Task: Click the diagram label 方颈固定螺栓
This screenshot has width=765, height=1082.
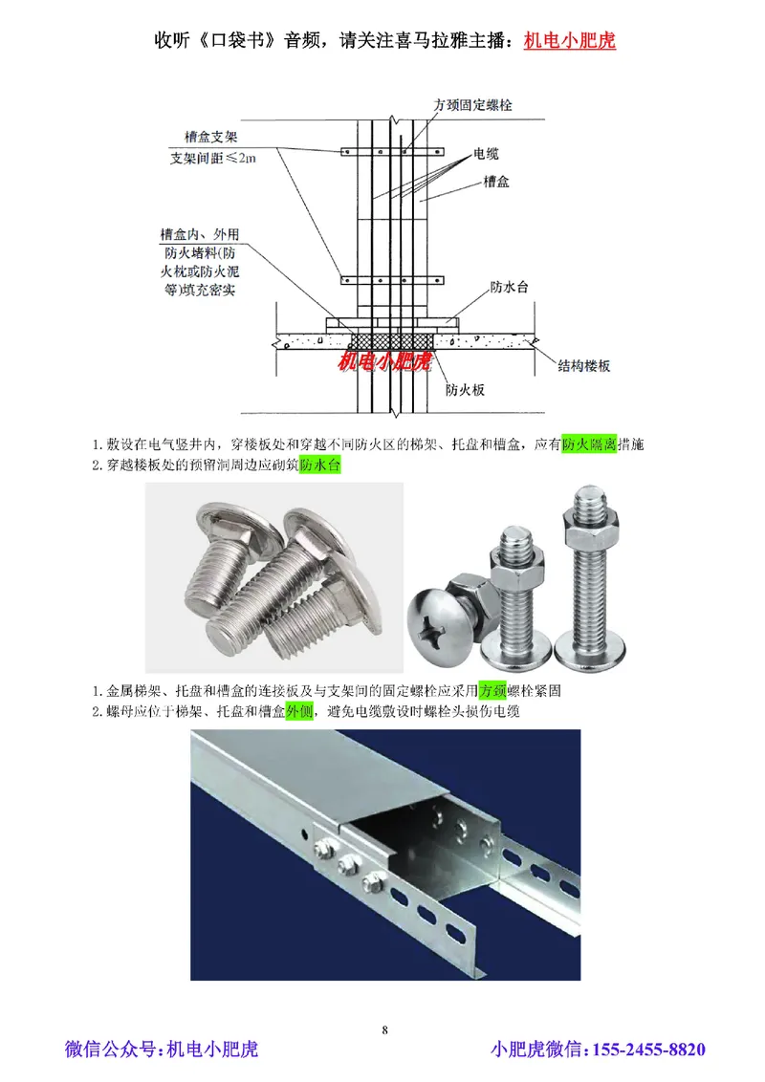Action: point(472,106)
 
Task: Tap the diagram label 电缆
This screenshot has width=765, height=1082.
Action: point(486,154)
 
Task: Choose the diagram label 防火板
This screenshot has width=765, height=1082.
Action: point(466,390)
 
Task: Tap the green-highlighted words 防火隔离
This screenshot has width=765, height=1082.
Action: point(587,444)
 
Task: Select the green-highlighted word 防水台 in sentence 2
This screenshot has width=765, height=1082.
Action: point(319,466)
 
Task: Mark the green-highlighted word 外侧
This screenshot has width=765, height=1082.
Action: point(299,711)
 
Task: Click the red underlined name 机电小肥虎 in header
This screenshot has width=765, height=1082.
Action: point(570,41)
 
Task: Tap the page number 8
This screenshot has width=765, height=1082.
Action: point(384,1029)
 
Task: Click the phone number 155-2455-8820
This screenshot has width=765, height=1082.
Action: point(649,1050)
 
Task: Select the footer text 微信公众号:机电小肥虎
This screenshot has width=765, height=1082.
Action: point(162,1050)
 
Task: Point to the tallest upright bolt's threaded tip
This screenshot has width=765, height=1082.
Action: point(584,501)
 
